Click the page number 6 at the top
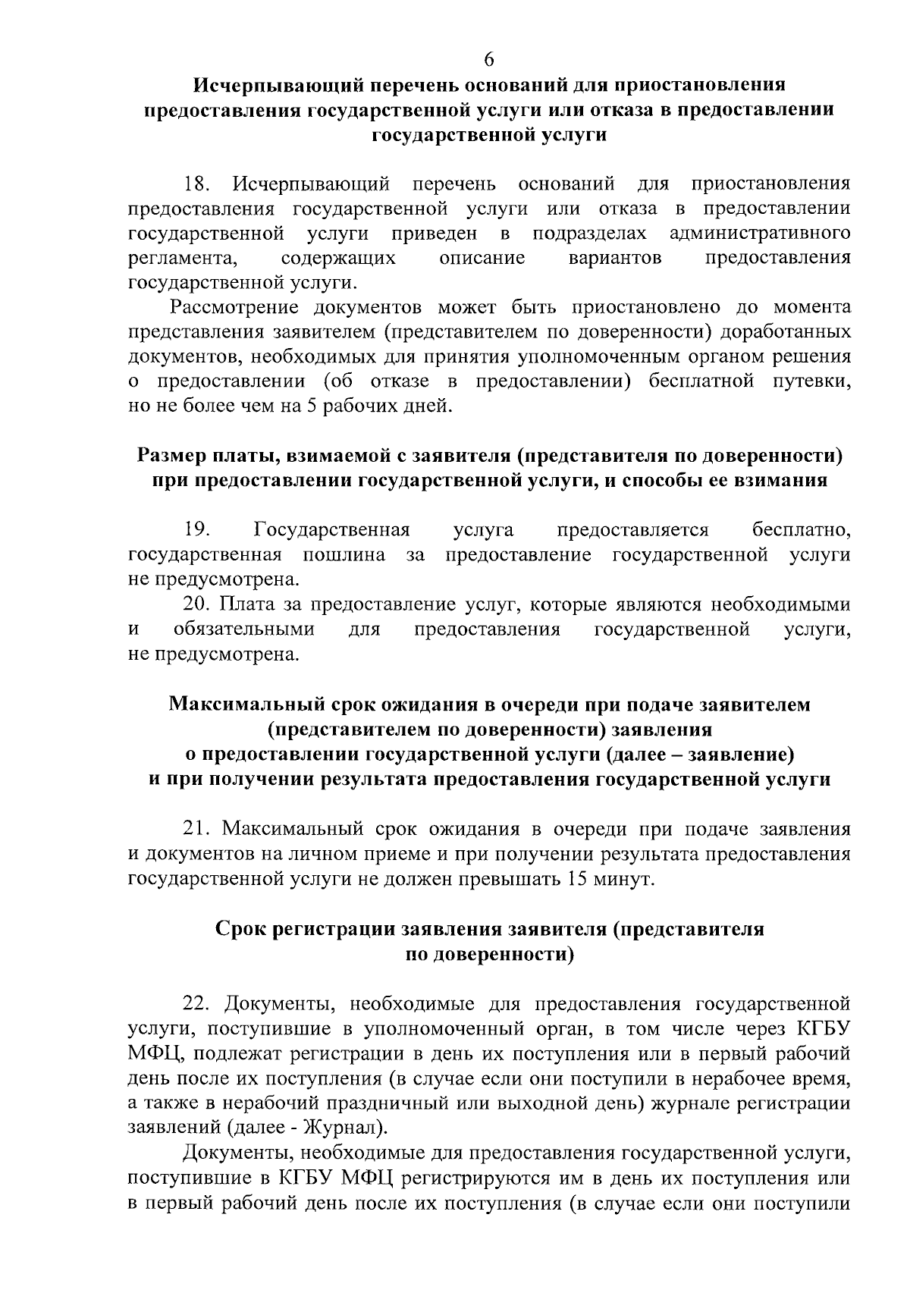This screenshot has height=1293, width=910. [489, 60]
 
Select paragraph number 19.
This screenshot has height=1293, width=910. [197, 529]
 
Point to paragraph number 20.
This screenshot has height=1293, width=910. [198, 604]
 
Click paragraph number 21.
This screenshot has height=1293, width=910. [199, 829]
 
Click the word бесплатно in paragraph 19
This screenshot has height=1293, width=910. [801, 529]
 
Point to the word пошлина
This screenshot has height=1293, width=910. [344, 554]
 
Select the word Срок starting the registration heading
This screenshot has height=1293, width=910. [241, 929]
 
